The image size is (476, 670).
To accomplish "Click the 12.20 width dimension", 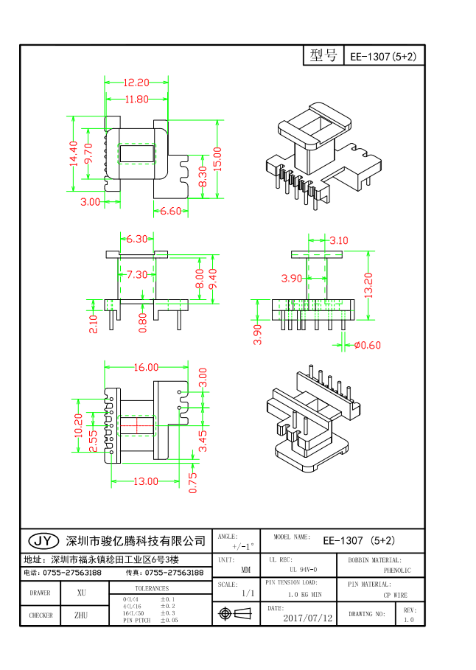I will point(136,83).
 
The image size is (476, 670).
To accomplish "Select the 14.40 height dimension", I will point(74,154).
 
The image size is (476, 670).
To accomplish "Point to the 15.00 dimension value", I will point(217,158).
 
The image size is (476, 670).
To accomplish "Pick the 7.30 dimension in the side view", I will point(136,274).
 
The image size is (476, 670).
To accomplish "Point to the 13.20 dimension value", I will point(369,285).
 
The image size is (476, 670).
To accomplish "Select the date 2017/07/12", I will point(308,618).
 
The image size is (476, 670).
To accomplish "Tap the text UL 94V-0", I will point(303,570).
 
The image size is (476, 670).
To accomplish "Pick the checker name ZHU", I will point(81,615).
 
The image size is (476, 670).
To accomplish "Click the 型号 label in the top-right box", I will point(323,55).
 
